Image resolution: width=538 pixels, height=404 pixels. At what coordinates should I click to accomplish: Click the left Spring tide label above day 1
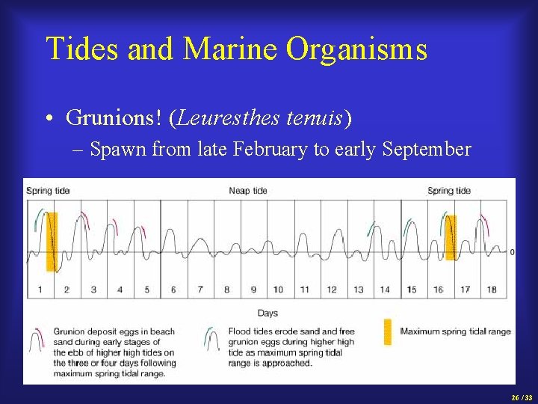click(48, 191)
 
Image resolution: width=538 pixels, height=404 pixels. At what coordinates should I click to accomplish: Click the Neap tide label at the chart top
click(248, 191)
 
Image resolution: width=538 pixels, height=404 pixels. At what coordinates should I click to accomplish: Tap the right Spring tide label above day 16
click(449, 191)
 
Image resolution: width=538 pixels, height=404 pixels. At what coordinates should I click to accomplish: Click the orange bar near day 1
click(51, 241)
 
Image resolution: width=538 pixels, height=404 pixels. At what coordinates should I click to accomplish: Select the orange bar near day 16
click(451, 237)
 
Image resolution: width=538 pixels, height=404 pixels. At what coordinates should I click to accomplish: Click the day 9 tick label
click(253, 290)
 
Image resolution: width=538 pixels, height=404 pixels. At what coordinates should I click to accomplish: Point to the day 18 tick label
click(491, 290)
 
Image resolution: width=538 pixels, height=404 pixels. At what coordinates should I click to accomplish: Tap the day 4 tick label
click(120, 290)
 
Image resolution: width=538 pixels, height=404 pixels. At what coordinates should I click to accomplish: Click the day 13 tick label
click(359, 290)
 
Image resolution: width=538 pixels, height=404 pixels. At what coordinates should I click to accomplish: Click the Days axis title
click(268, 312)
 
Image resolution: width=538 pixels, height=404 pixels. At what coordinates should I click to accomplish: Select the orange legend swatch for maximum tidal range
click(387, 332)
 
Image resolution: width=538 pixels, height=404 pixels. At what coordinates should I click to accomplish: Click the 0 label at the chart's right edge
click(512, 252)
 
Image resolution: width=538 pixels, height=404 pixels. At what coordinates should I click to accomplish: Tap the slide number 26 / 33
click(522, 398)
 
